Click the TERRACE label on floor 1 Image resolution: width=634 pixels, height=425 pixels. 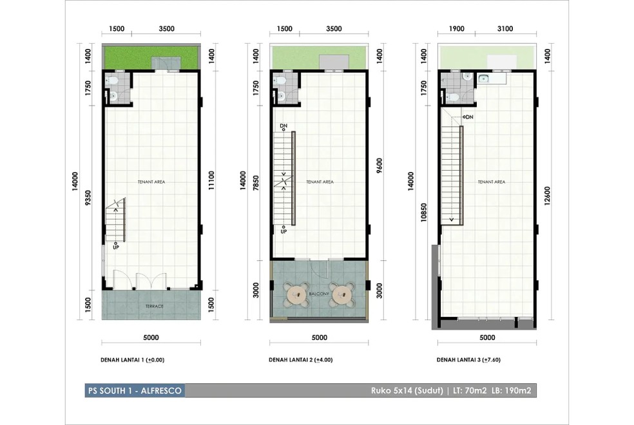tap(155, 307)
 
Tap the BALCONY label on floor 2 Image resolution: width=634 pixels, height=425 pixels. tap(319, 294)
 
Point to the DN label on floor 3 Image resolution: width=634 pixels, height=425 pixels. tap(470, 117)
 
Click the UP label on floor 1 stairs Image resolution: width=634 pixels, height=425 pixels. tap(116, 247)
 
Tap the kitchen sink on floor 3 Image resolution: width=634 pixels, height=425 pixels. tap(483, 79)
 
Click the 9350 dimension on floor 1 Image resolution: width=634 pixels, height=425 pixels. tap(88, 198)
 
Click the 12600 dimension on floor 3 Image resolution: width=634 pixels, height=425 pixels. tap(547, 196)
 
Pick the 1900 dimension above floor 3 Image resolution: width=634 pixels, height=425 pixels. tap(456, 29)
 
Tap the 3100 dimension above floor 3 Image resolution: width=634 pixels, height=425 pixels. tap(505, 29)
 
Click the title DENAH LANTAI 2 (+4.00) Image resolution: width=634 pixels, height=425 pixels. tap(301, 359)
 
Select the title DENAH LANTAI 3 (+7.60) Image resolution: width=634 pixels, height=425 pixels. tap(468, 359)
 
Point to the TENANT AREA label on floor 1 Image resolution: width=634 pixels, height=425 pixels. tap(151, 182)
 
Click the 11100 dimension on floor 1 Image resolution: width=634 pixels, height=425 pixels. tap(212, 180)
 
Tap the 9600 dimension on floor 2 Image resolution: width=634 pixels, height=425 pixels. tap(379, 165)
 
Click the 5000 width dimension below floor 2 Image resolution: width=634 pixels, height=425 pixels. tap(320, 337)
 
